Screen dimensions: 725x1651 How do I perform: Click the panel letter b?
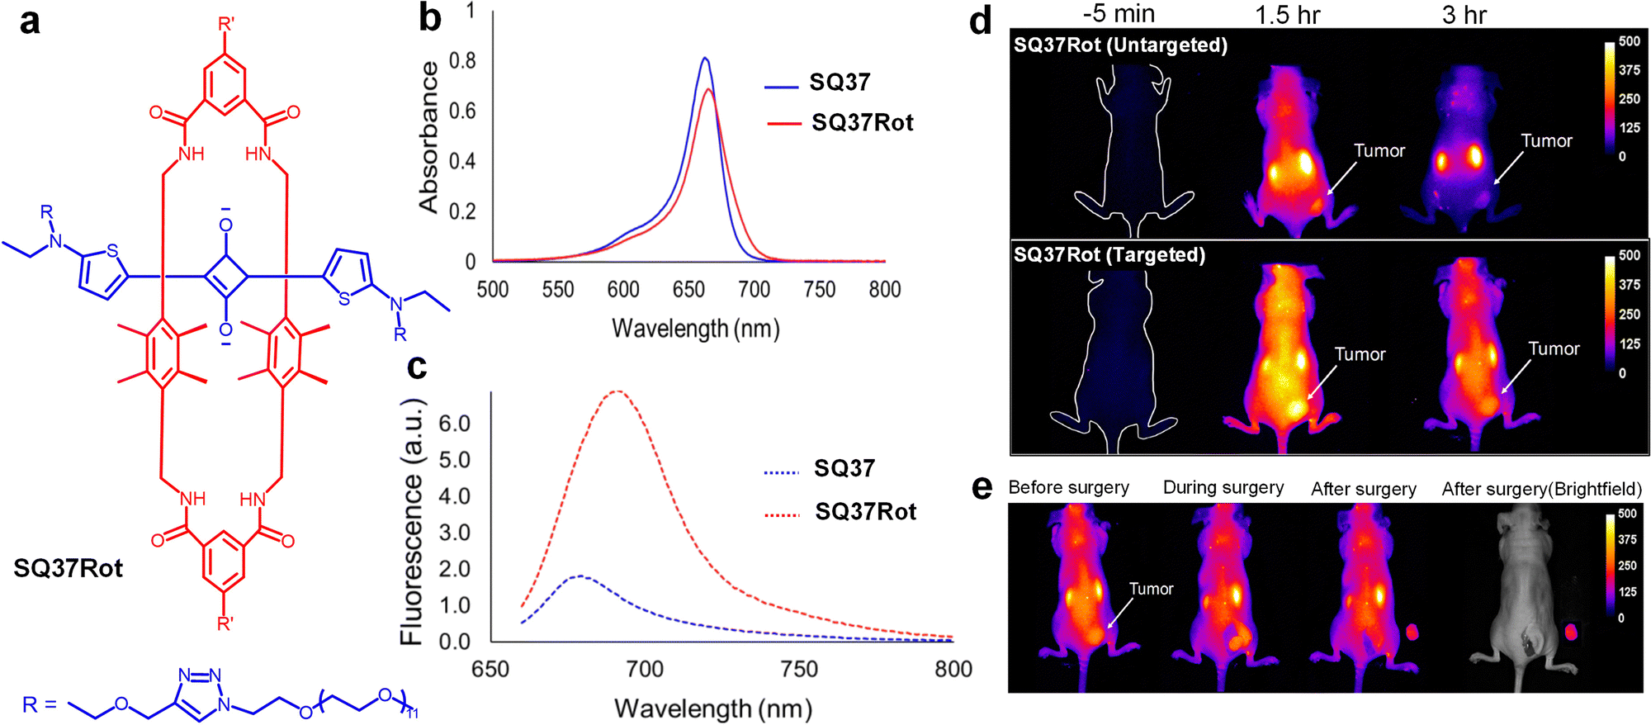[x=430, y=18]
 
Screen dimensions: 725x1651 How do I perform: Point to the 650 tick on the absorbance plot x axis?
[x=688, y=289]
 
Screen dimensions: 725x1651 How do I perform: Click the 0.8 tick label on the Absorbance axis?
[x=462, y=61]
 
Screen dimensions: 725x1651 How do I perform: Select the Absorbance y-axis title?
[x=428, y=137]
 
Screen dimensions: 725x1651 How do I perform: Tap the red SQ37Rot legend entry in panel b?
[x=862, y=123]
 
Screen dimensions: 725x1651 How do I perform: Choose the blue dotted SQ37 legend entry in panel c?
[x=844, y=469]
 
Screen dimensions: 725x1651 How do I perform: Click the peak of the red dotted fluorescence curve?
[x=617, y=391]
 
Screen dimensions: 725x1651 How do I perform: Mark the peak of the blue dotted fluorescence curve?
[x=581, y=576]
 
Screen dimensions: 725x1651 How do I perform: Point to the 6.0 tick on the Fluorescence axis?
[x=454, y=424]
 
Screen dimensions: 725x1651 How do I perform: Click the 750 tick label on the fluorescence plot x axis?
[x=798, y=669]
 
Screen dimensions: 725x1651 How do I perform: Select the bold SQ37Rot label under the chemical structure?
[x=69, y=568]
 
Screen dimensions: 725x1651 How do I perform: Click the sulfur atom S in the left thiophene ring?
[x=112, y=251]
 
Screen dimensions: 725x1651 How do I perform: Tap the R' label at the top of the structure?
[x=225, y=24]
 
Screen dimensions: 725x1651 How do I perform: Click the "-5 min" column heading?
[x=1118, y=14]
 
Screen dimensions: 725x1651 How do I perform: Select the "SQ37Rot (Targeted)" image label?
[x=1109, y=255]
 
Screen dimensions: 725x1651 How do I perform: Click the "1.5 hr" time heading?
[x=1288, y=15]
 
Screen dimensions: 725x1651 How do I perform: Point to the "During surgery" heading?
[x=1223, y=488]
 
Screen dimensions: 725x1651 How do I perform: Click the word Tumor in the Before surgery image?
[x=1151, y=589]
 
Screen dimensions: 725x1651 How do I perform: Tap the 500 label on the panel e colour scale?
[x=1627, y=514]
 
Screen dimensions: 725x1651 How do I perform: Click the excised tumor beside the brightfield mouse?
[x=1570, y=633]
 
